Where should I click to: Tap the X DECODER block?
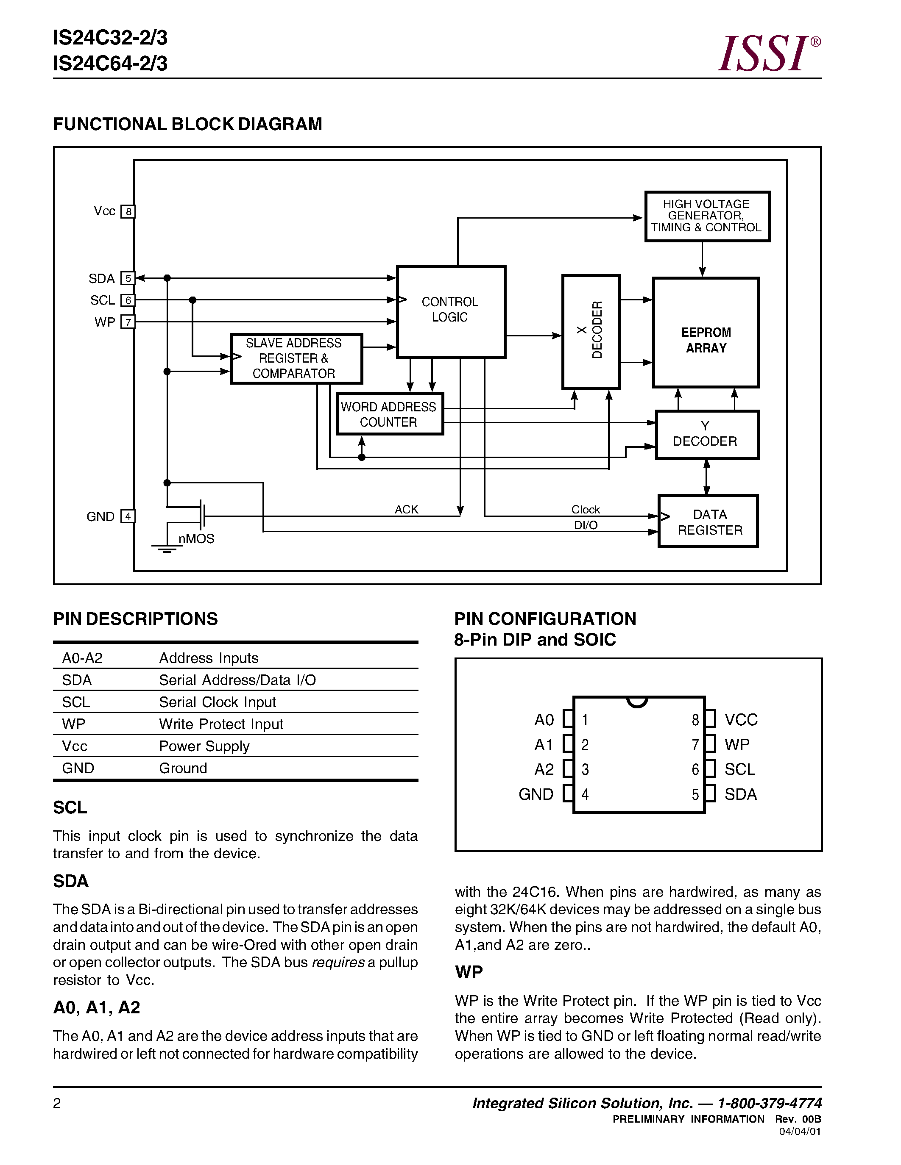pos(591,331)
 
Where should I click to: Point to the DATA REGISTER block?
pos(709,521)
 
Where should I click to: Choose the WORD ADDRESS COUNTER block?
pos(389,414)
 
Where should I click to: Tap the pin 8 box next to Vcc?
pos(128,212)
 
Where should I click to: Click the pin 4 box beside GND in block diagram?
pos(128,516)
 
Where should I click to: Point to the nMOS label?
pos(196,539)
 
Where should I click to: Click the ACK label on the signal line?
pos(406,509)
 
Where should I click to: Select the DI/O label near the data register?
pos(586,525)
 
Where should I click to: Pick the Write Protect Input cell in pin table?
pos(221,724)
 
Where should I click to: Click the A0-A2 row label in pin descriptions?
pos(82,658)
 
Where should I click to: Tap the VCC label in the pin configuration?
pos(741,720)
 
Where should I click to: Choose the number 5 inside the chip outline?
pos(695,795)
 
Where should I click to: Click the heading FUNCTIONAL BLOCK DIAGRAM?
pos(187,124)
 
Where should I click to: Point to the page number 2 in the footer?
pos(57,1103)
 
